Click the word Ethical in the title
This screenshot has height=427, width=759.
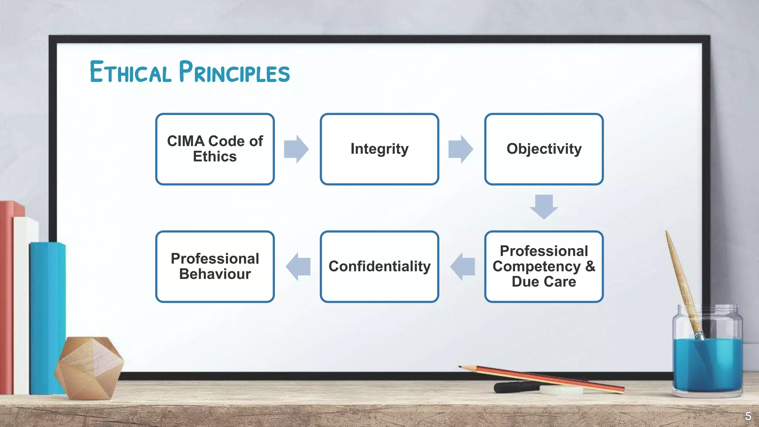pyautogui.click(x=130, y=72)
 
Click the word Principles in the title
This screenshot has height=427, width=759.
pyautogui.click(x=234, y=72)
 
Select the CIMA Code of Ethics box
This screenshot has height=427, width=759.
pyautogui.click(x=215, y=149)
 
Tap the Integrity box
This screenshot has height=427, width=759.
pyautogui.click(x=379, y=149)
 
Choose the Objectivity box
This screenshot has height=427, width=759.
pyautogui.click(x=544, y=149)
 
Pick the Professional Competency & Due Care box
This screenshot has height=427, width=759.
pyautogui.click(x=544, y=266)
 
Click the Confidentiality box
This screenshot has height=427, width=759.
pyautogui.click(x=379, y=266)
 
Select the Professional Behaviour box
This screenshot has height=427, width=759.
pyautogui.click(x=215, y=266)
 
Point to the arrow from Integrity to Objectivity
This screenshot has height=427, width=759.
pyautogui.click(x=461, y=149)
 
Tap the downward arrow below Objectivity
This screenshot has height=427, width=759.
pyautogui.click(x=544, y=206)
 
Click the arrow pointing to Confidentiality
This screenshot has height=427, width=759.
pyautogui.click(x=463, y=266)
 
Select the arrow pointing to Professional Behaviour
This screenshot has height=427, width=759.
pyautogui.click(x=298, y=266)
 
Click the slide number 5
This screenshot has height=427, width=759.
pyautogui.click(x=748, y=416)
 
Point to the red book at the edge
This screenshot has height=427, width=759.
pyautogui.click(x=7, y=297)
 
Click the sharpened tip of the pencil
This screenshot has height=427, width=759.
pyautogui.click(x=461, y=367)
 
